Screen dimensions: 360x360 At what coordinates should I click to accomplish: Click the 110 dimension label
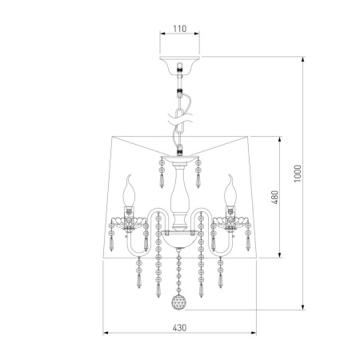[180, 29]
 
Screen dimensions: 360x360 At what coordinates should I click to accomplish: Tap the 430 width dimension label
[179, 328]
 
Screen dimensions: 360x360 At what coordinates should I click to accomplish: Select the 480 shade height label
[274, 197]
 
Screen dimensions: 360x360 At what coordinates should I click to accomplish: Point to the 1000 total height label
[297, 174]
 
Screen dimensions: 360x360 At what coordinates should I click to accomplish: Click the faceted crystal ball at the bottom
[178, 302]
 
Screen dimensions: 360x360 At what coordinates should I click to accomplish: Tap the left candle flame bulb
[129, 190]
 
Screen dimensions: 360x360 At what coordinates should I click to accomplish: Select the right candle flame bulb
[230, 190]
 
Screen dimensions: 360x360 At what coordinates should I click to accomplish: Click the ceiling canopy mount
[180, 65]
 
